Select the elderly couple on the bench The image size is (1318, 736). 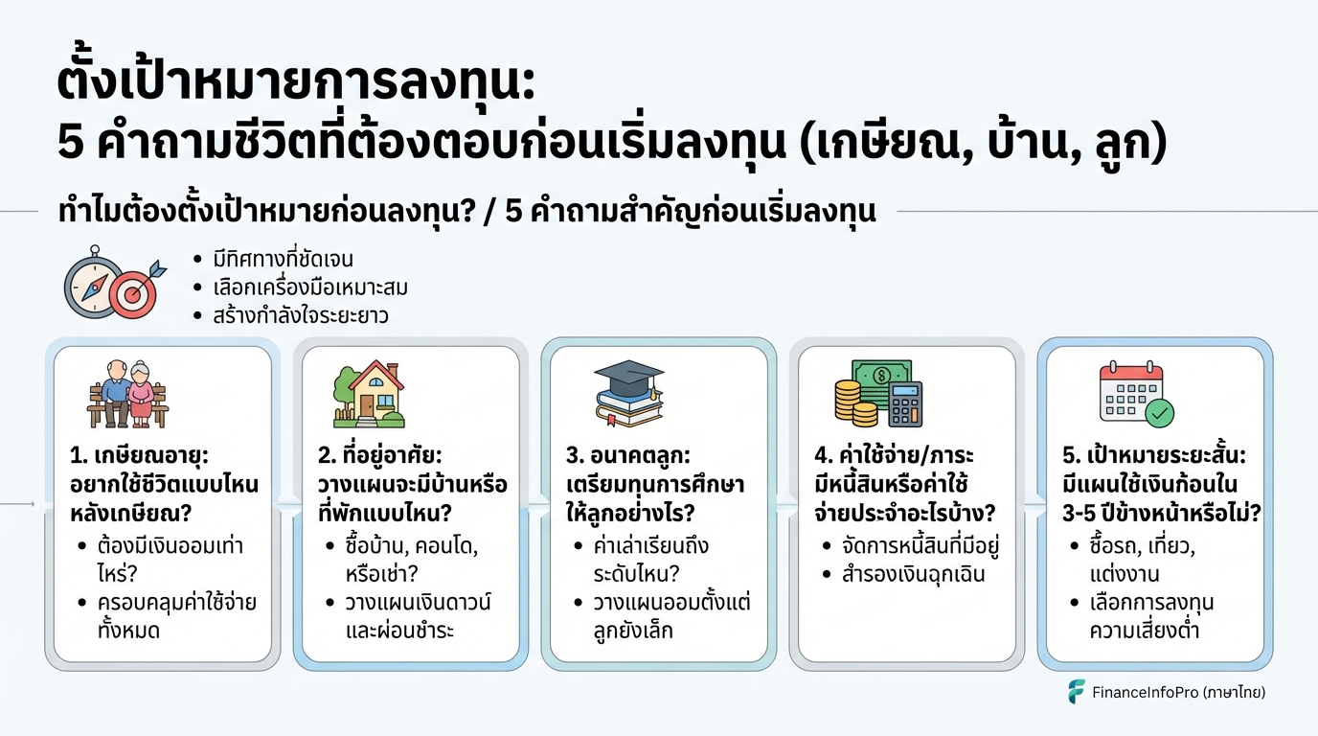(128, 394)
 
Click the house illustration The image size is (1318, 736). (370, 394)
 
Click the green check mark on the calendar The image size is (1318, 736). (1160, 414)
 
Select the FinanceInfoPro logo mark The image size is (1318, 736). (1077, 691)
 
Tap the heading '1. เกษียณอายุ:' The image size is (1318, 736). (140, 456)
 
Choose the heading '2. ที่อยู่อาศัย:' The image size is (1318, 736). (380, 456)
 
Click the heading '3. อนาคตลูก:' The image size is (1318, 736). (628, 456)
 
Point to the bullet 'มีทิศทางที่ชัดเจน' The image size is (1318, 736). (283, 259)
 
